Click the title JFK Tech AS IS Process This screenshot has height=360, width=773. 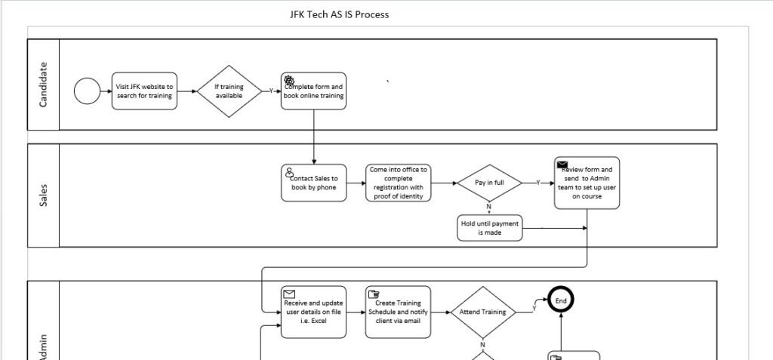(340, 14)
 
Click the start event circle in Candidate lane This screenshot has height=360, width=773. (87, 91)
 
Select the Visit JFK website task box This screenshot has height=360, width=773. (145, 91)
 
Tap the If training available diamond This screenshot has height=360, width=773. (229, 91)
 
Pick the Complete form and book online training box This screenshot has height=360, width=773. (314, 91)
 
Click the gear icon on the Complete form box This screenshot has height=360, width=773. (288, 79)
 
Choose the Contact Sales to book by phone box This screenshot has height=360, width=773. (314, 183)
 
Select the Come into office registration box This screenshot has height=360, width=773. (398, 183)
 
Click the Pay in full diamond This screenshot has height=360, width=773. (489, 183)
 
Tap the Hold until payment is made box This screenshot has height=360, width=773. (489, 228)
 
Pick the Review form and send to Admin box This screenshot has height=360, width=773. (587, 183)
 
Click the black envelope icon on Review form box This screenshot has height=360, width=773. (562, 165)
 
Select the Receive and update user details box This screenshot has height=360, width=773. (314, 311)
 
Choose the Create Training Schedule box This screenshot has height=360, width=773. (398, 311)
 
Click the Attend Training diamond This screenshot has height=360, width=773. (483, 311)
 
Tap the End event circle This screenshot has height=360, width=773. (561, 300)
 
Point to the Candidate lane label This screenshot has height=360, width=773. (43, 85)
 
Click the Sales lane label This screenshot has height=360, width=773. (43, 195)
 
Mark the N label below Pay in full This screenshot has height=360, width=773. (488, 206)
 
